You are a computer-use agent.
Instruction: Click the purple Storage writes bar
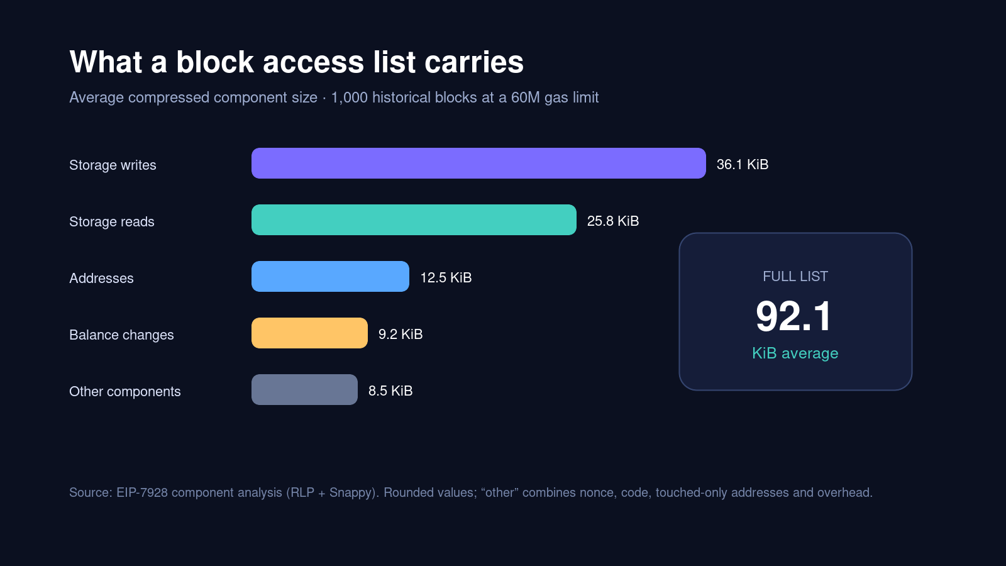[478, 163]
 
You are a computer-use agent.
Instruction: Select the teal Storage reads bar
[414, 219]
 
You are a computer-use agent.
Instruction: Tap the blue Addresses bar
[330, 276]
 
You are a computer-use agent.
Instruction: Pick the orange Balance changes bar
[309, 333]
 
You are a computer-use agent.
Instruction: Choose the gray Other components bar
[304, 389]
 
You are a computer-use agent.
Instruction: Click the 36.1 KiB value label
[743, 164]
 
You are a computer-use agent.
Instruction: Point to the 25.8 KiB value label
[613, 221]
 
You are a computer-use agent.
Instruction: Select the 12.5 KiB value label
[446, 277]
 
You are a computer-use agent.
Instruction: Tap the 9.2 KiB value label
[401, 334]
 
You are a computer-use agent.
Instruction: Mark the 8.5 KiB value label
[390, 391]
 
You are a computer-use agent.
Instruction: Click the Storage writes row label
[113, 165]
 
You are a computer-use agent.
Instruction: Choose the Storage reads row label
[112, 222]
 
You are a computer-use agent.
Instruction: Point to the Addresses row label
[101, 279]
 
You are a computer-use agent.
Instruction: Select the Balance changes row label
[121, 335]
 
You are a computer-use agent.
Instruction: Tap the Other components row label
[125, 392]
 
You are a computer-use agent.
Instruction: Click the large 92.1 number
[794, 316]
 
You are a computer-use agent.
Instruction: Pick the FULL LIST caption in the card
[795, 276]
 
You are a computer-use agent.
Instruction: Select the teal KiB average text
[795, 353]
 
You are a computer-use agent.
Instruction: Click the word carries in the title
[474, 62]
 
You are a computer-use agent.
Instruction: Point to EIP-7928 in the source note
[142, 493]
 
